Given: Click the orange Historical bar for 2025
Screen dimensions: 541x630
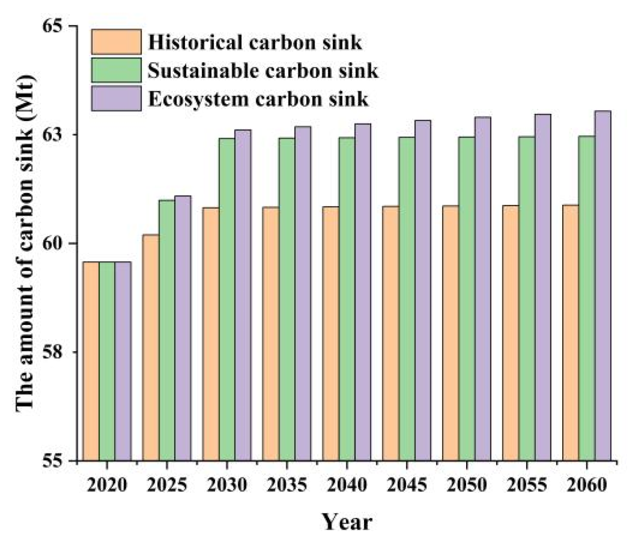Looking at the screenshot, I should point(151,347).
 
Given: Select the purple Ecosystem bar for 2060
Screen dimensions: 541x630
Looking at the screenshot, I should point(603,285).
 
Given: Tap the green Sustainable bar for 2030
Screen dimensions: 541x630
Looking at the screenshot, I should point(227,299).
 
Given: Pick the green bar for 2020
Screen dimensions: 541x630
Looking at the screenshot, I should point(107,361).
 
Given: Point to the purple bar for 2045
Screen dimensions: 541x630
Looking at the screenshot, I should point(423,290).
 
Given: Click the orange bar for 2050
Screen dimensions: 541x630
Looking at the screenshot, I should point(451,333).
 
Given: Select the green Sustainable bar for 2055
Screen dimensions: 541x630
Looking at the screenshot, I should point(526,298).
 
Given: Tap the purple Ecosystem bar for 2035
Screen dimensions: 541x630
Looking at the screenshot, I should point(303,293).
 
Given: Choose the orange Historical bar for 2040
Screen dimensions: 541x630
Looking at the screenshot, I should point(331,333).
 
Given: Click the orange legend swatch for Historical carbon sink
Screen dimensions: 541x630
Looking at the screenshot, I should point(116,42).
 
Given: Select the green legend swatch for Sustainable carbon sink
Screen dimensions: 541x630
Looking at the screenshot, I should point(116,70).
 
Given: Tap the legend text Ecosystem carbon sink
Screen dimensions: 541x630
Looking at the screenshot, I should point(258,99).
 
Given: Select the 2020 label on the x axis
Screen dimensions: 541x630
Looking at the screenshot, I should point(107,484).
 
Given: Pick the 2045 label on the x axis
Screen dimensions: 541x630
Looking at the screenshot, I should point(407,484).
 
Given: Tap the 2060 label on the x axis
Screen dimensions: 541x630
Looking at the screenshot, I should point(587,484).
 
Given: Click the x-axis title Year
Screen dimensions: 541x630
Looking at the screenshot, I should point(347,522).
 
